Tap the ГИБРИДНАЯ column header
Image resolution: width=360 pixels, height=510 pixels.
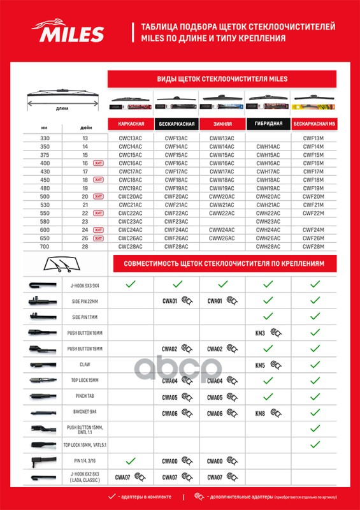tap(268, 124)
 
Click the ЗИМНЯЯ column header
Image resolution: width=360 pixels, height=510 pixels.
tap(222, 124)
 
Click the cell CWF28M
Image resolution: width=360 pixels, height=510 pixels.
tap(314, 245)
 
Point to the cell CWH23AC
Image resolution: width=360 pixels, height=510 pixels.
tap(268, 221)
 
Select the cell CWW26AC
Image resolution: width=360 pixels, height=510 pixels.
tap(222, 237)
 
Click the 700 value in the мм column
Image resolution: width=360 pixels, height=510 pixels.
tap(44, 245)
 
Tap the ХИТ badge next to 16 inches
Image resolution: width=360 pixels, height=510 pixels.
tap(98, 163)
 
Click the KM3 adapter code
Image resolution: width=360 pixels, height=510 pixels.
tap(259, 332)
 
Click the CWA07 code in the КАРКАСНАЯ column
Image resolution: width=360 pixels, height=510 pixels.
tap(122, 476)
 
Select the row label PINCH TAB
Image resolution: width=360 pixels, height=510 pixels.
tap(80, 397)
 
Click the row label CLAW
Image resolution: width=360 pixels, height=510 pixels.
tap(80, 365)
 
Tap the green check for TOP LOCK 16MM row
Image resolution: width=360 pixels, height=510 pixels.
tap(314, 444)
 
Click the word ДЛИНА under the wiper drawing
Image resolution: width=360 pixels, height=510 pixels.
tap(62, 108)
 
